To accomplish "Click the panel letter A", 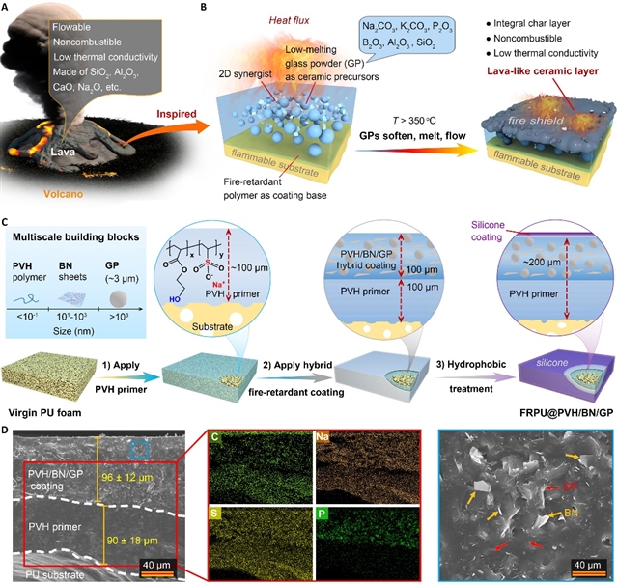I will [x=8, y=9].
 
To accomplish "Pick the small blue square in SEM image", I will [x=140, y=447].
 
